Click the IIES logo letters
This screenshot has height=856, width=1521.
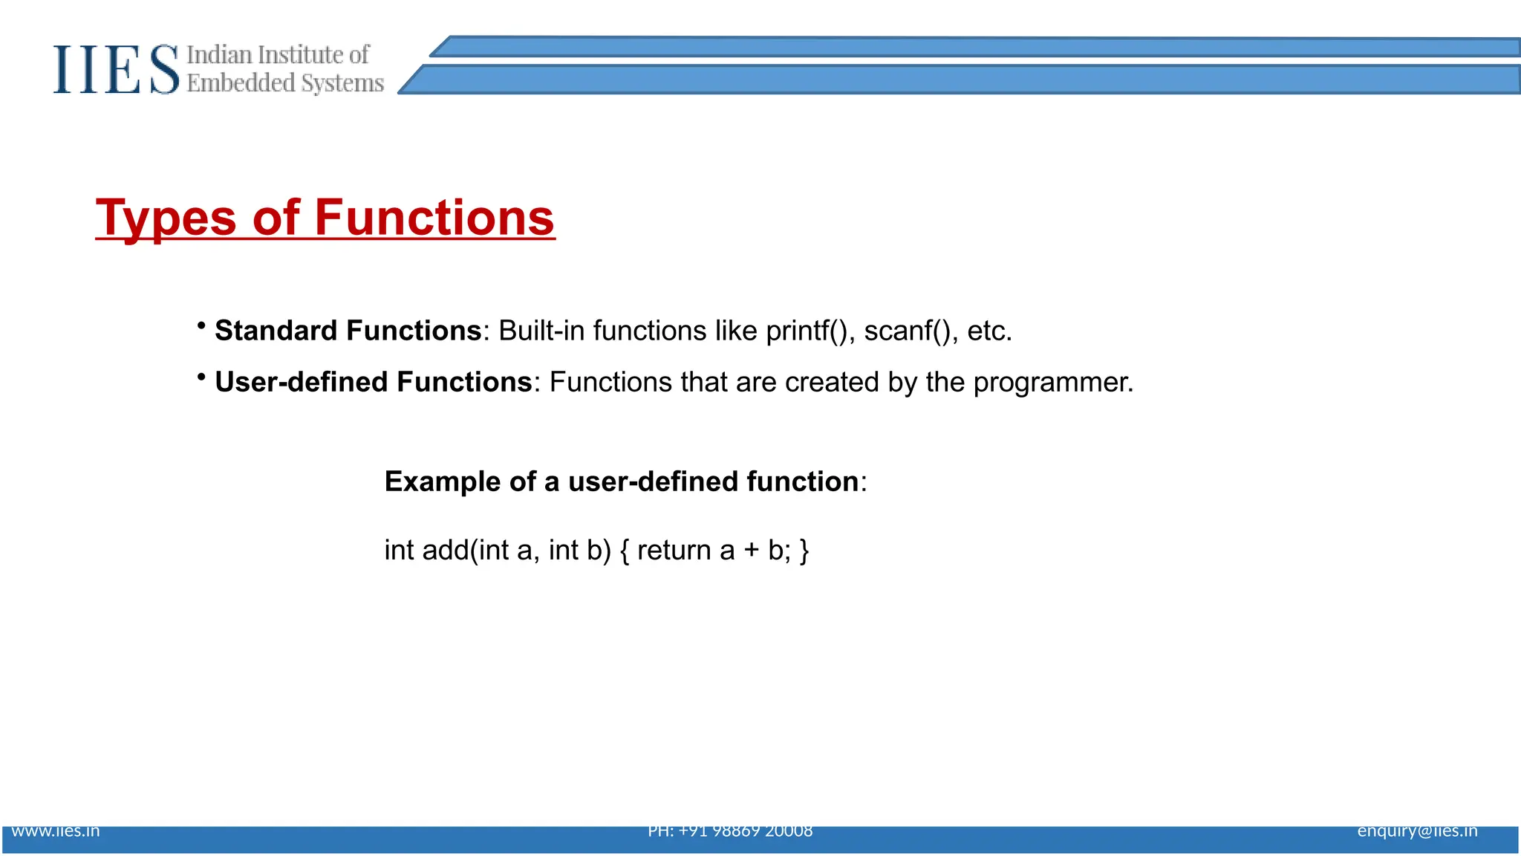tap(116, 69)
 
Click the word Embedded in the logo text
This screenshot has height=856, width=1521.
tap(241, 82)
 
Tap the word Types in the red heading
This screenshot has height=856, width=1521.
tap(166, 218)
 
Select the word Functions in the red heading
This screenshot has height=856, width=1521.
tap(434, 218)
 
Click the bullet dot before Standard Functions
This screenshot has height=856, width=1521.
tap(201, 325)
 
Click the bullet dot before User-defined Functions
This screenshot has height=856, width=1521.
tap(201, 377)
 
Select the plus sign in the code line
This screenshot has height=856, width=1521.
tap(752, 551)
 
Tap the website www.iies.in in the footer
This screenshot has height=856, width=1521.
tap(56, 831)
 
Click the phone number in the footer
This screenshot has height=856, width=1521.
tap(730, 831)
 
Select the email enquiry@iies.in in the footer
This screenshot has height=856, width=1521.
tap(1417, 831)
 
